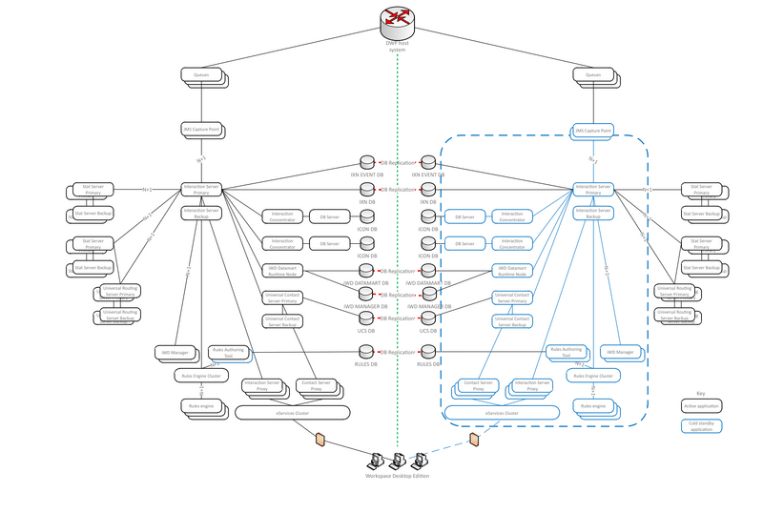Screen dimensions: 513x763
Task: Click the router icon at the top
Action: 398,19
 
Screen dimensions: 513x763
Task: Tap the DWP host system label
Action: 398,46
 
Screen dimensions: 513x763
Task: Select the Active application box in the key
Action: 701,406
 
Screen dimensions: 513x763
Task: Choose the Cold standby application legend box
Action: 701,426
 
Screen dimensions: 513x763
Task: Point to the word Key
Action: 700,393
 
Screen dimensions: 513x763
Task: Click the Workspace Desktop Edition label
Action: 398,475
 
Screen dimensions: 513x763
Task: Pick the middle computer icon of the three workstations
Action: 398,460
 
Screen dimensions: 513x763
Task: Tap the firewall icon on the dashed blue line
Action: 474,440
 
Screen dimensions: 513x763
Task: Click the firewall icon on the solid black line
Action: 321,440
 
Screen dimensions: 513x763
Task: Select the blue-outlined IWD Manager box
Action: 620,352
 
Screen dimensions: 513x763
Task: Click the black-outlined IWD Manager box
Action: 173,353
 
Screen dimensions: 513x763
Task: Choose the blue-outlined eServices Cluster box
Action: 500,413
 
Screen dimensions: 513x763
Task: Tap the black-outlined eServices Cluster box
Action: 292,413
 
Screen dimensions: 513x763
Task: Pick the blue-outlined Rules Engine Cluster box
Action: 593,376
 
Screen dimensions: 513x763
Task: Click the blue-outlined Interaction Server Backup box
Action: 593,213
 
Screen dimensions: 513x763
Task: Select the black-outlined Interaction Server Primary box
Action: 201,189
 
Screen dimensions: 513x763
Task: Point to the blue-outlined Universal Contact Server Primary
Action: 511,298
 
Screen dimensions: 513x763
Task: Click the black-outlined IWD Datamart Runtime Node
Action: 282,272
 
